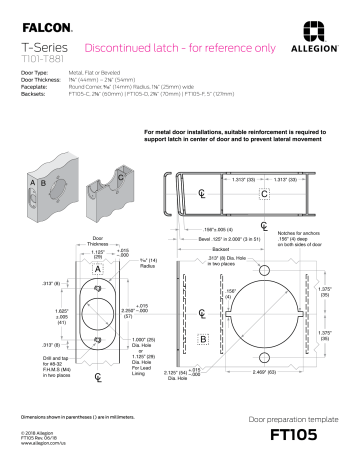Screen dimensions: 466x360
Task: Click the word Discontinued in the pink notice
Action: point(120,47)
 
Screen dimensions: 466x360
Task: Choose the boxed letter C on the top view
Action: point(264,192)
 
